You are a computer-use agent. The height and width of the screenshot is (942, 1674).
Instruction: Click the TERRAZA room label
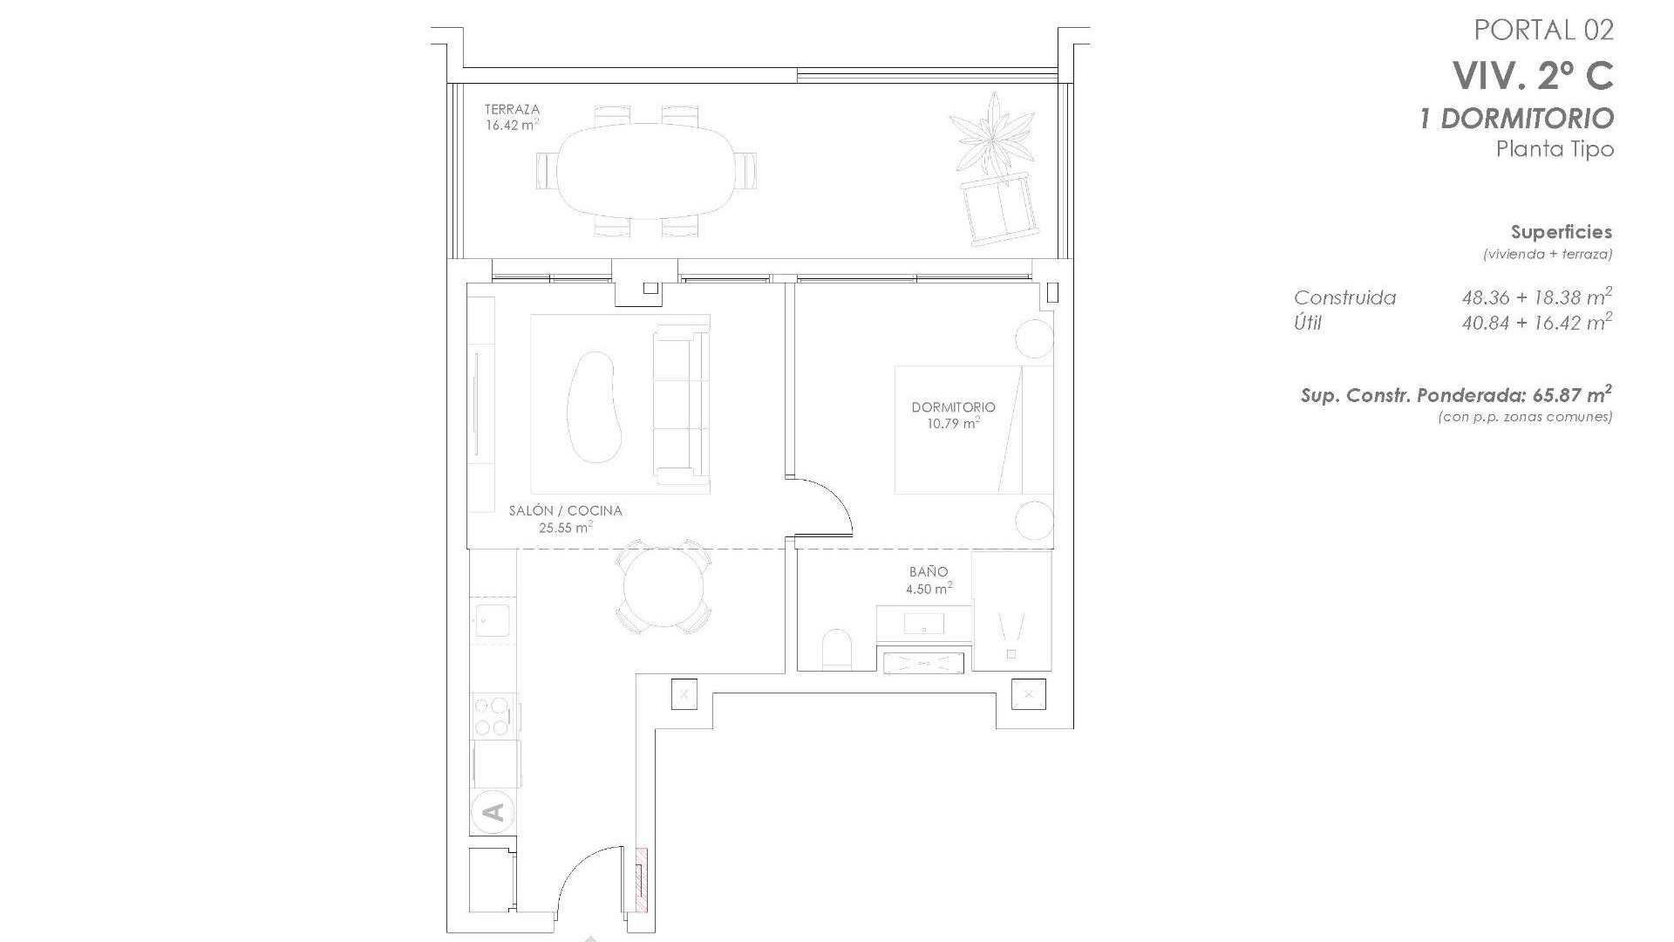coord(512,109)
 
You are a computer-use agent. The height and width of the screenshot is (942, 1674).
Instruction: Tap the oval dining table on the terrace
coord(646,171)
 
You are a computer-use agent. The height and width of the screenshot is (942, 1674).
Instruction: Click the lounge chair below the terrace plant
coord(1001,210)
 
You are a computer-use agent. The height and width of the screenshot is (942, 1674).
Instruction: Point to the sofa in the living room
coord(681,404)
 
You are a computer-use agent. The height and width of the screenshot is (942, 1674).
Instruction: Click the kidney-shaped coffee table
coord(593,406)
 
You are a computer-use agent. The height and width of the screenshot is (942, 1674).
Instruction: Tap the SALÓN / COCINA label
coord(565,511)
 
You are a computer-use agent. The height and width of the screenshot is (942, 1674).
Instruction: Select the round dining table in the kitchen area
coord(663,588)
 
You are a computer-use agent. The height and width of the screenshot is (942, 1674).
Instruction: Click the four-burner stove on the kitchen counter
coord(491,716)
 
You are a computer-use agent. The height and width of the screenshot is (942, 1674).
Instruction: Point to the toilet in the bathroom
coord(836,649)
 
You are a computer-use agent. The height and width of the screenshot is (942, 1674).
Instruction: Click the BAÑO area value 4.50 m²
coord(929,590)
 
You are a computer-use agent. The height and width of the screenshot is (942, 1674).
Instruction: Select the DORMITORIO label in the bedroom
coord(953,407)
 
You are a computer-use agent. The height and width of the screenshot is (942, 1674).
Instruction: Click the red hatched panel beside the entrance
coord(643,891)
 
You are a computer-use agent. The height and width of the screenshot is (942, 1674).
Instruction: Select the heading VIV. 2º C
coord(1532,77)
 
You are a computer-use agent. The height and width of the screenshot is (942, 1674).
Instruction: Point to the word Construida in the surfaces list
coord(1344,298)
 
